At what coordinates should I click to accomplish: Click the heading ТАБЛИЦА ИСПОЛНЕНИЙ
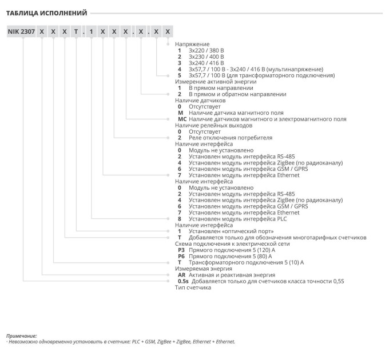click(x=47, y=13)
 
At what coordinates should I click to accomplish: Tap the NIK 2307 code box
click(x=21, y=31)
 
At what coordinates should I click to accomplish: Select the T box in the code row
click(x=76, y=31)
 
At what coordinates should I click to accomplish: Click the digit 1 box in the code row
click(x=92, y=31)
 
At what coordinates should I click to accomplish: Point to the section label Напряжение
click(x=192, y=44)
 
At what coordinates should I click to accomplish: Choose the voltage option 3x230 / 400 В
click(x=206, y=57)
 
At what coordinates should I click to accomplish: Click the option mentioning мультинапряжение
click(x=256, y=69)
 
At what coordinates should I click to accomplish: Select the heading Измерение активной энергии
click(x=216, y=82)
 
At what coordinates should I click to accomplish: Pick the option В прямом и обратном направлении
click(x=237, y=94)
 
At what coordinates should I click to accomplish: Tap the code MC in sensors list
click(x=182, y=119)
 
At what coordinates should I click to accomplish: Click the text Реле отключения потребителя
click(x=231, y=138)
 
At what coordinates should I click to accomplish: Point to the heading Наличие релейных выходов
click(x=213, y=125)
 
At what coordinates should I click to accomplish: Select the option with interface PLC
click(x=237, y=219)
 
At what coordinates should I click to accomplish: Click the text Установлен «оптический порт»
click(x=231, y=231)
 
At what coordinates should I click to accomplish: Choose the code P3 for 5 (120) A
click(x=181, y=250)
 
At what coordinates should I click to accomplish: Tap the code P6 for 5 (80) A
click(x=181, y=256)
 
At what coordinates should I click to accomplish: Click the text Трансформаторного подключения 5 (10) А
click(x=246, y=262)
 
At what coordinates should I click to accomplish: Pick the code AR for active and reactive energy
click(x=181, y=275)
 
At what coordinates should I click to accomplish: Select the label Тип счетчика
click(x=193, y=287)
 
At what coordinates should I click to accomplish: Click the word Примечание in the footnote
click(x=21, y=336)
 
